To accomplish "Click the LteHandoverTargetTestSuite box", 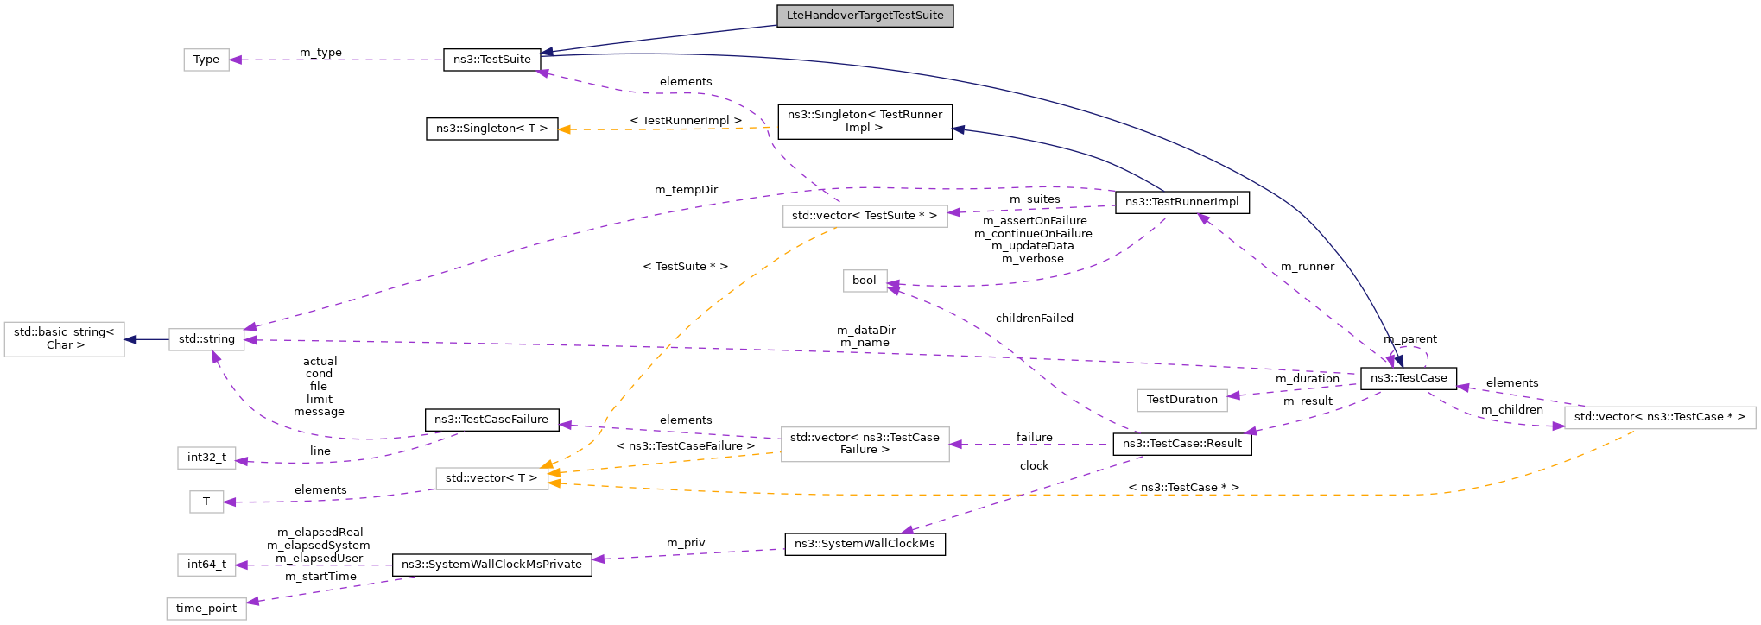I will [865, 16].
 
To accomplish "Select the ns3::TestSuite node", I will [491, 60].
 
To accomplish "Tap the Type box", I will [206, 60].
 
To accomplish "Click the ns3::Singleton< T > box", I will [491, 129].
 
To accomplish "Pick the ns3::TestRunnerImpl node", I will [1181, 202].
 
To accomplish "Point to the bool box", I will [865, 281].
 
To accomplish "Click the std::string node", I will [206, 339].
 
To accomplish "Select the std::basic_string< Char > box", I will [64, 338].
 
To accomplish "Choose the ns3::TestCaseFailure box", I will [491, 420].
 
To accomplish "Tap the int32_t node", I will [206, 458].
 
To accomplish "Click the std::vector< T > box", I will [491, 477].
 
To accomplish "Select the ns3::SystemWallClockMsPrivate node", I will [491, 565].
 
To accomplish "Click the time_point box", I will [206, 609].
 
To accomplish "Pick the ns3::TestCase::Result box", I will [1181, 444].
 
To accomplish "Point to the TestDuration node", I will [1181, 400].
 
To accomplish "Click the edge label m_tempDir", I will [686, 190].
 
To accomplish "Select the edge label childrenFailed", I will [1034, 319].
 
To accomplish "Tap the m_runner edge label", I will [1307, 267].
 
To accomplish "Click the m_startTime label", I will [320, 577].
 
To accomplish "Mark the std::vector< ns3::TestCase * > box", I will [1659, 417].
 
